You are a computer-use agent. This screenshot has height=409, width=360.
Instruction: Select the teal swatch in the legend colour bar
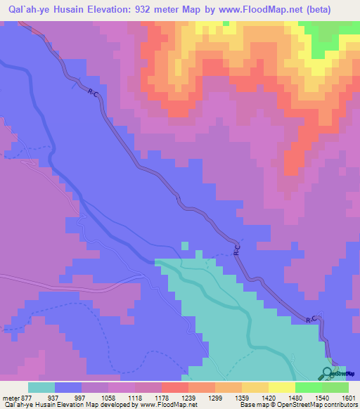coord(41,388)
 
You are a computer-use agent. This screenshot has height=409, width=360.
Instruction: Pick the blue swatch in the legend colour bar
coord(68,388)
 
